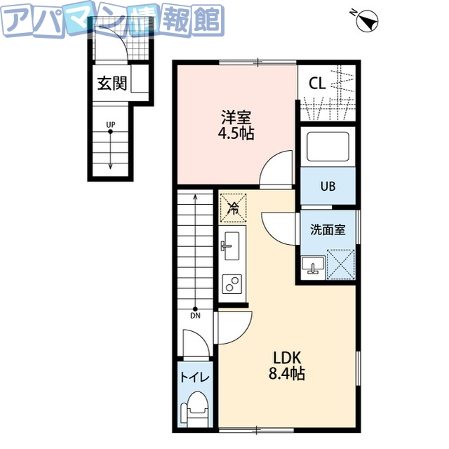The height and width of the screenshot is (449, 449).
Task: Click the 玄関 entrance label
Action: point(112,84)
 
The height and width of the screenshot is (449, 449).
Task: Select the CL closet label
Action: point(317,83)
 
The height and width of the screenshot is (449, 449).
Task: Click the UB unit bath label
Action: point(328,187)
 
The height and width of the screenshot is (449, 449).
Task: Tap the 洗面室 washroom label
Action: point(328,229)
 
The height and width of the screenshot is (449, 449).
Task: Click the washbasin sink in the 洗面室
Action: point(313,265)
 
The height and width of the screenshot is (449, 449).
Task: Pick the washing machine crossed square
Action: point(340,264)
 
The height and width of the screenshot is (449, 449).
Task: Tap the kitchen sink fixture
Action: point(232,246)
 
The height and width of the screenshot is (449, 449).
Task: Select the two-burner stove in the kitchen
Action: point(232,283)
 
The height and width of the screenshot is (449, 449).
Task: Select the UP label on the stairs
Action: point(110,126)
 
